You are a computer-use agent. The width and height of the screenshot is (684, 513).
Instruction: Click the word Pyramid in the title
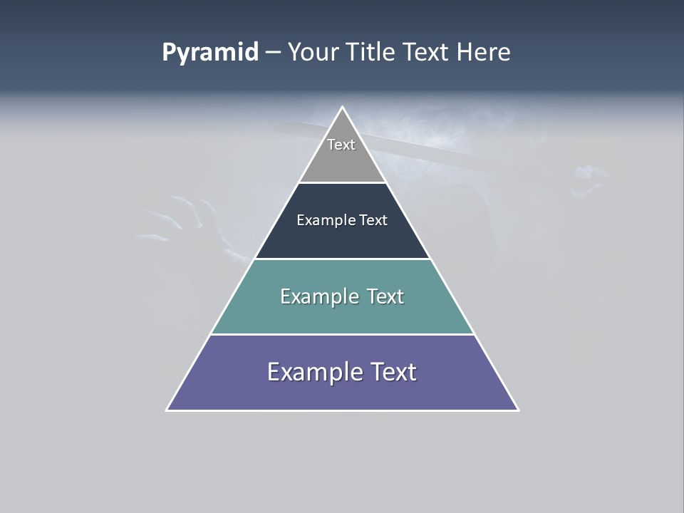(209, 53)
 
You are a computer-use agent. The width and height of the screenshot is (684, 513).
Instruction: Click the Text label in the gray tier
(341, 145)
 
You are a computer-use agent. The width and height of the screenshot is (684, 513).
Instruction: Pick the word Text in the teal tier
(385, 296)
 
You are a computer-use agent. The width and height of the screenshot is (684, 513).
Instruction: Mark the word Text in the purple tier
(393, 372)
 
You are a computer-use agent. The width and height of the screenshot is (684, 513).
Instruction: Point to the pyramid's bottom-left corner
(168, 409)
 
